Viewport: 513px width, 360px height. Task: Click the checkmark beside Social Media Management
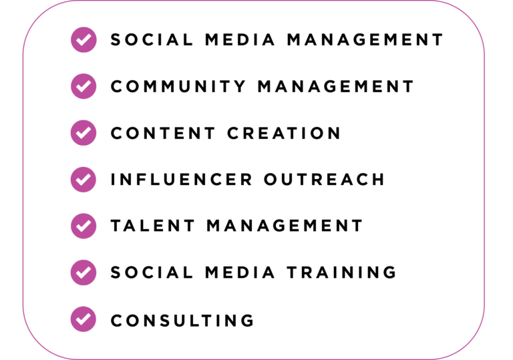click(x=83, y=40)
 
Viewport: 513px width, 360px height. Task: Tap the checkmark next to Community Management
click(x=83, y=86)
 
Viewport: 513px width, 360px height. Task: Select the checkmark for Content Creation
click(x=83, y=133)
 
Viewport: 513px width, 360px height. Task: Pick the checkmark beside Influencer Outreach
click(x=83, y=180)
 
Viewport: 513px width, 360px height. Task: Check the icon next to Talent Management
click(x=83, y=226)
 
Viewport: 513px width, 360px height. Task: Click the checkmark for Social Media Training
click(x=83, y=273)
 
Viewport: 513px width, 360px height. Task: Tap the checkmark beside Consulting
click(x=83, y=319)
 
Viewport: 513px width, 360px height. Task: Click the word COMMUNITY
click(x=178, y=87)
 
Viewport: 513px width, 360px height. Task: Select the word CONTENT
click(x=163, y=133)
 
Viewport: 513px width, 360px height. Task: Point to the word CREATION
click(x=284, y=133)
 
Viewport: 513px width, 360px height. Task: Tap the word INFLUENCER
click(x=182, y=180)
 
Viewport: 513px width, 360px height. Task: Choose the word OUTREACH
click(x=324, y=180)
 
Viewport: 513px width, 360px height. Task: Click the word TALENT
click(x=153, y=226)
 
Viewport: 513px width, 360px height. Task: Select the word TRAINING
click(x=342, y=273)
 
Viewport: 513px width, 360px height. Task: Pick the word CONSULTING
click(x=182, y=321)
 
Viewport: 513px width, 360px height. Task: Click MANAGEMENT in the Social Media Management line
click(x=365, y=40)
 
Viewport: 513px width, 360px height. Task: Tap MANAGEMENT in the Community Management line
click(x=336, y=87)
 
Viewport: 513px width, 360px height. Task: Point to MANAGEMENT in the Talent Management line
click(x=285, y=226)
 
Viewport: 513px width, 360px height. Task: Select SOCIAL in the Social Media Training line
click(x=152, y=273)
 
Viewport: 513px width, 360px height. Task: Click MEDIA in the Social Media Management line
click(x=240, y=40)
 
